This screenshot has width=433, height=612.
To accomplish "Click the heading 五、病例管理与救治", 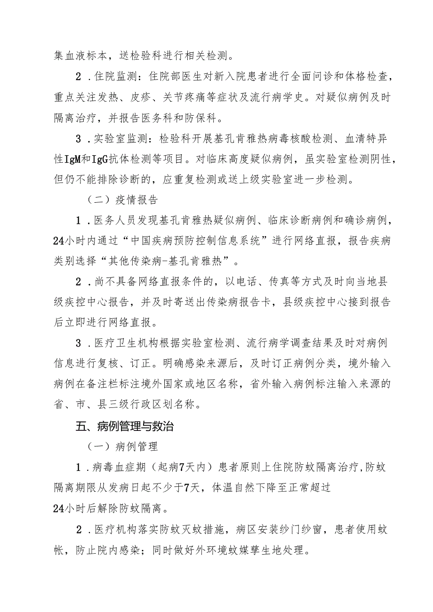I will [125, 427].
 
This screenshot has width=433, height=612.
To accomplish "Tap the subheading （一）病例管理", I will [121, 446].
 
